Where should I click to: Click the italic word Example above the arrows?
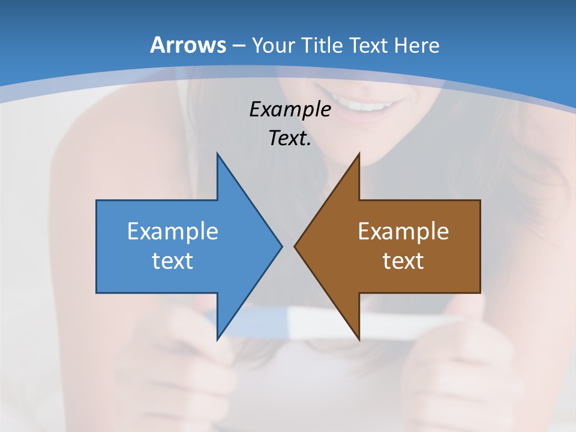coord(290,109)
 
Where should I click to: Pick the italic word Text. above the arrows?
coord(290,139)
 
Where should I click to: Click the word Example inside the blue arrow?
coord(172,232)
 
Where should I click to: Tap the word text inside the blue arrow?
coord(172,260)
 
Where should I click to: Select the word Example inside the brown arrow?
coord(403,232)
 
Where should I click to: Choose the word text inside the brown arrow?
coord(403,260)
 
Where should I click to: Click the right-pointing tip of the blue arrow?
coord(281,246)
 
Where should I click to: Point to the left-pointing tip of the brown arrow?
coord(295,246)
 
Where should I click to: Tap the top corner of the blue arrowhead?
coord(217,154)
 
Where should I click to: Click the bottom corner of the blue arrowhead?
coord(217,339)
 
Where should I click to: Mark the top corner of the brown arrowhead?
coord(359,154)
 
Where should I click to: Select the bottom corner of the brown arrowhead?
coord(359,339)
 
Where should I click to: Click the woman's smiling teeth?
coord(368,106)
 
